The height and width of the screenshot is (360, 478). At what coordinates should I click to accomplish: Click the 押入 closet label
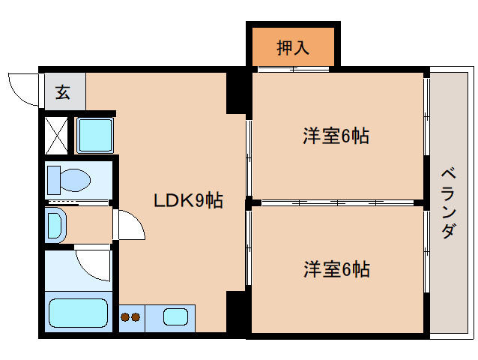[293, 47]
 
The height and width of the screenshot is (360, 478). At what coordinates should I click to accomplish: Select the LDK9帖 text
[188, 200]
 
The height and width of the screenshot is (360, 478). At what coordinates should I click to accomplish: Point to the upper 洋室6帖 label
[336, 136]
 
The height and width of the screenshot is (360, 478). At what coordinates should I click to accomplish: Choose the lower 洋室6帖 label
[336, 268]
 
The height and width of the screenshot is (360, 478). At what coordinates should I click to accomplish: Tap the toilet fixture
[68, 180]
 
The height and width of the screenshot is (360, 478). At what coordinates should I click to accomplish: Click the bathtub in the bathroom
[78, 314]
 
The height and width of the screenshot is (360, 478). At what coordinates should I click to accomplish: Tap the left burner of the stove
[125, 317]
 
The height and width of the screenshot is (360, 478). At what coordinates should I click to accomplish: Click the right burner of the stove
[136, 317]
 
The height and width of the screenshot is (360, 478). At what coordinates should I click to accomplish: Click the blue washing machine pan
[95, 135]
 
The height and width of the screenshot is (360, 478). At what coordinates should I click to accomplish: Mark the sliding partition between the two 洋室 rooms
[337, 202]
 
